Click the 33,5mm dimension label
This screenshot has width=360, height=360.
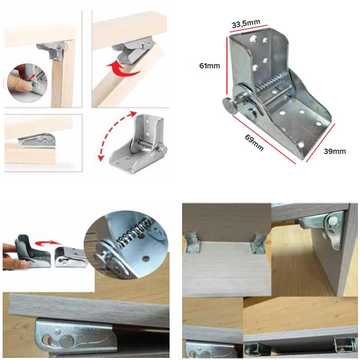pos(246,23)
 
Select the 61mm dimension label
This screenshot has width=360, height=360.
pos(209,66)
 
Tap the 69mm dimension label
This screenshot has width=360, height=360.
pos(254,142)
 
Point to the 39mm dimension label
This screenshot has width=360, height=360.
pos(334,151)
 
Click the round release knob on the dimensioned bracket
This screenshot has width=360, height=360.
pos(230,105)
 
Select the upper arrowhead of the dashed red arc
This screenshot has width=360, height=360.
pos(133,114)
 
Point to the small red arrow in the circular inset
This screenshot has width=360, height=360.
pos(32,77)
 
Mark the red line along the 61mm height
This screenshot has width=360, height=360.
pos(227,66)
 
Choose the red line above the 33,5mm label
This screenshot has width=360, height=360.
pos(248,29)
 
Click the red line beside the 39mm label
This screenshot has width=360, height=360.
pos(321,143)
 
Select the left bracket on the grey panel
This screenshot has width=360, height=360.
pos(193,243)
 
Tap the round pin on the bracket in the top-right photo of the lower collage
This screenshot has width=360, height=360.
pos(333,221)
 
